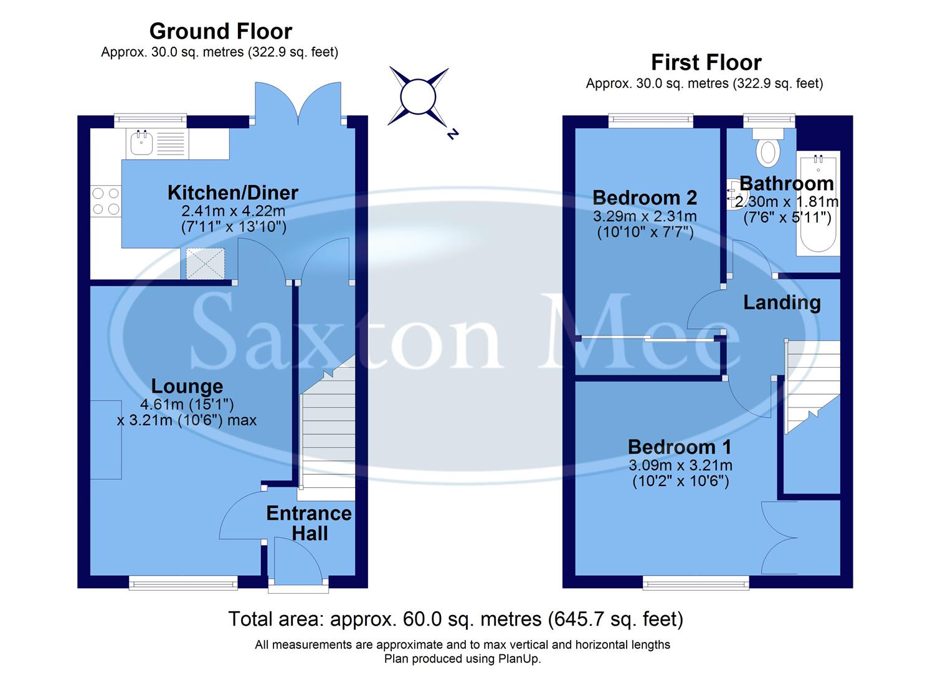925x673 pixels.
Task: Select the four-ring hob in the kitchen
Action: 106,201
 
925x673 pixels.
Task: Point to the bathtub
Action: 818,203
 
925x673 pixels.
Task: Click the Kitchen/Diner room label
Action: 233,193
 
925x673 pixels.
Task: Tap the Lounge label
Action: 187,386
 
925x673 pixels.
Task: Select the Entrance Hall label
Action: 309,523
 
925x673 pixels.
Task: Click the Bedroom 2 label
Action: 645,198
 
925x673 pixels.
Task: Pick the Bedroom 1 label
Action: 680,447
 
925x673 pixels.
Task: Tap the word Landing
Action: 782,303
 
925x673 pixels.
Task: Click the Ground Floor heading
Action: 221,31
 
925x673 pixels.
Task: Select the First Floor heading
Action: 706,62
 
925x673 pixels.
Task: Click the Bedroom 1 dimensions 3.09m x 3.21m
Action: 680,465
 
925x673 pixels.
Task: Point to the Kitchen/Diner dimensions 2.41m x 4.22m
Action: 233,211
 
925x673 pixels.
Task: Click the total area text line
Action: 455,619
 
